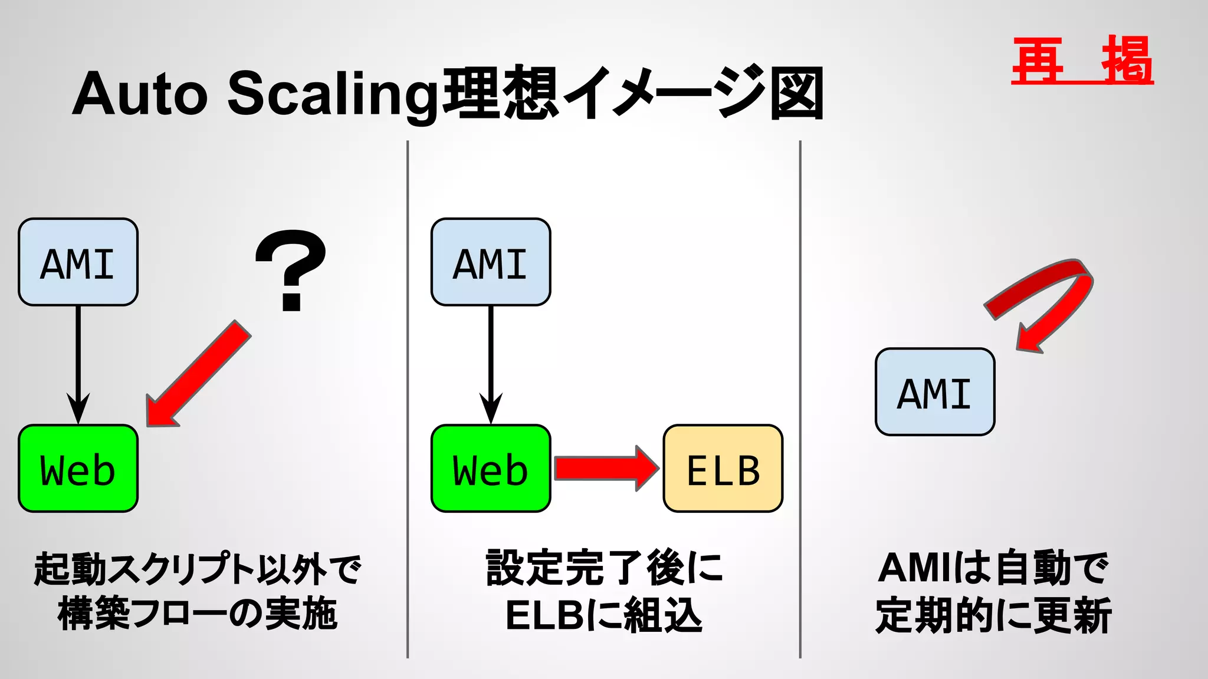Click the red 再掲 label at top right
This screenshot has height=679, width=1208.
(1082, 61)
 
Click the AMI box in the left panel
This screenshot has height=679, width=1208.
(78, 262)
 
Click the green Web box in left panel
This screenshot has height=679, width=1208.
(78, 469)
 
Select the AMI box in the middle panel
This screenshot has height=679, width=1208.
(491, 262)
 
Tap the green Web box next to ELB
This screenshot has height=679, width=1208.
(491, 469)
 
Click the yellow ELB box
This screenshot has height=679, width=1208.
(723, 469)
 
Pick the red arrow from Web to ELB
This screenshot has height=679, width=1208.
(605, 469)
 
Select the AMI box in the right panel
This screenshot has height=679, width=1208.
(935, 392)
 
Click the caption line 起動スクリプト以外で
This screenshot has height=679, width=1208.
(198, 569)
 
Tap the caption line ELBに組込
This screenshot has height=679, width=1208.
(604, 615)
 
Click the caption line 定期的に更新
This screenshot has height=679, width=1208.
(993, 615)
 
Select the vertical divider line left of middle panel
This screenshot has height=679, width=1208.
(408, 401)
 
